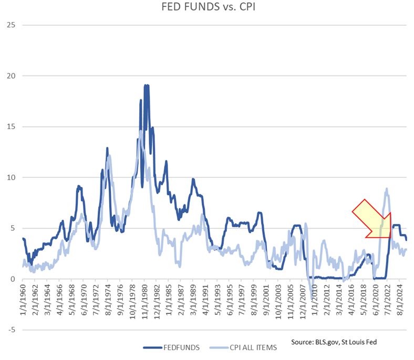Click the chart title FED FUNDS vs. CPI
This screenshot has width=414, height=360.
pos(206,8)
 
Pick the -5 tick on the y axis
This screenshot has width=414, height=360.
pos(11,330)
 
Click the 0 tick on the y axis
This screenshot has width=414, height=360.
pos(12,279)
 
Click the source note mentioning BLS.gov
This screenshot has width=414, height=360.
pos(334,342)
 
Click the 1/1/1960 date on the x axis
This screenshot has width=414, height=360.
pos(23,302)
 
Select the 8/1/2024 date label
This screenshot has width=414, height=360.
pos(400,302)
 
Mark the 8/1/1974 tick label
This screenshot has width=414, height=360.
pos(107,302)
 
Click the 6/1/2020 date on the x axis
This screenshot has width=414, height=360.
pos(375,302)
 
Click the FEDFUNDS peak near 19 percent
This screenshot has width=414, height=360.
pos(147,85)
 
